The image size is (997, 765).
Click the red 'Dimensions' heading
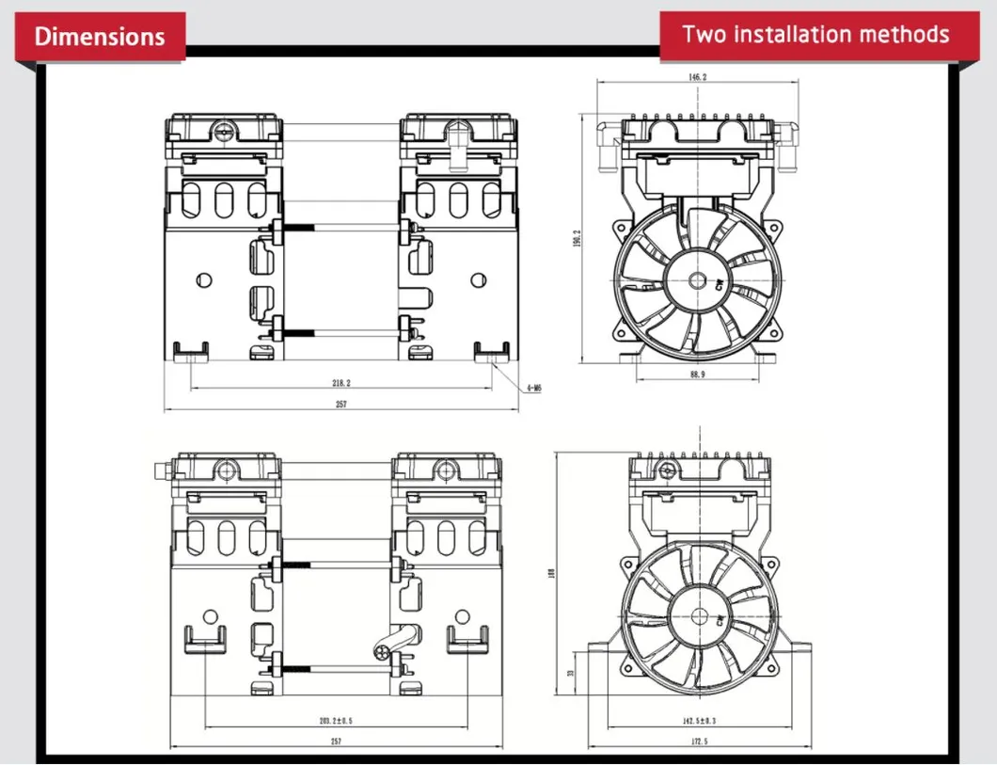tap(100, 37)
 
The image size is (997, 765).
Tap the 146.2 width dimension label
tap(697, 77)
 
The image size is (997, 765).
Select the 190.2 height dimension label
tap(578, 239)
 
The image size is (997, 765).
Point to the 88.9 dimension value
tap(697, 375)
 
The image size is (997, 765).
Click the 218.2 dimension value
tap(341, 383)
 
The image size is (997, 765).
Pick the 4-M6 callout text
tap(533, 387)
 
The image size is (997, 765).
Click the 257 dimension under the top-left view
tap(341, 405)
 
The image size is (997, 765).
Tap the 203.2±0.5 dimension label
tap(335, 720)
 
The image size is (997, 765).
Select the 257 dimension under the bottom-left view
tap(336, 741)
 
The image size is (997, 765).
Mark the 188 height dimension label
tap(552, 573)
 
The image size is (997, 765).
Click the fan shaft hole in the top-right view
tap(697, 279)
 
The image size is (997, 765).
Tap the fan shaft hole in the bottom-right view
tap(699, 616)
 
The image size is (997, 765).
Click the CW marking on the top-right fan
tap(720, 283)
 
